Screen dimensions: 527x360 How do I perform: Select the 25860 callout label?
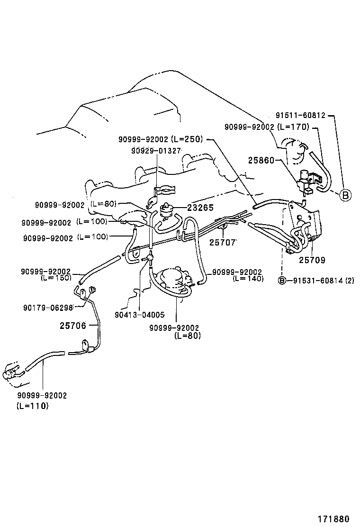coord(261,161)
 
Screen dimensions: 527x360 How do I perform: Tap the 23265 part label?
coord(200,207)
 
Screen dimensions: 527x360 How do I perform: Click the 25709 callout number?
coord(312,260)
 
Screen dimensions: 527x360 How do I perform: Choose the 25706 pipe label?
coord(73,326)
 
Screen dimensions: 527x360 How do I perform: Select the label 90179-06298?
coord(48,307)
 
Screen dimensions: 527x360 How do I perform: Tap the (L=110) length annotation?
coord(33,406)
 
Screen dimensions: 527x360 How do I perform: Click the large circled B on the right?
coord(346,195)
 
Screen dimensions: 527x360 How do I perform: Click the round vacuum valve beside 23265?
coord(167,209)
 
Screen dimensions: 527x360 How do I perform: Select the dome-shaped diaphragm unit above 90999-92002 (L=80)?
coord(173,279)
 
